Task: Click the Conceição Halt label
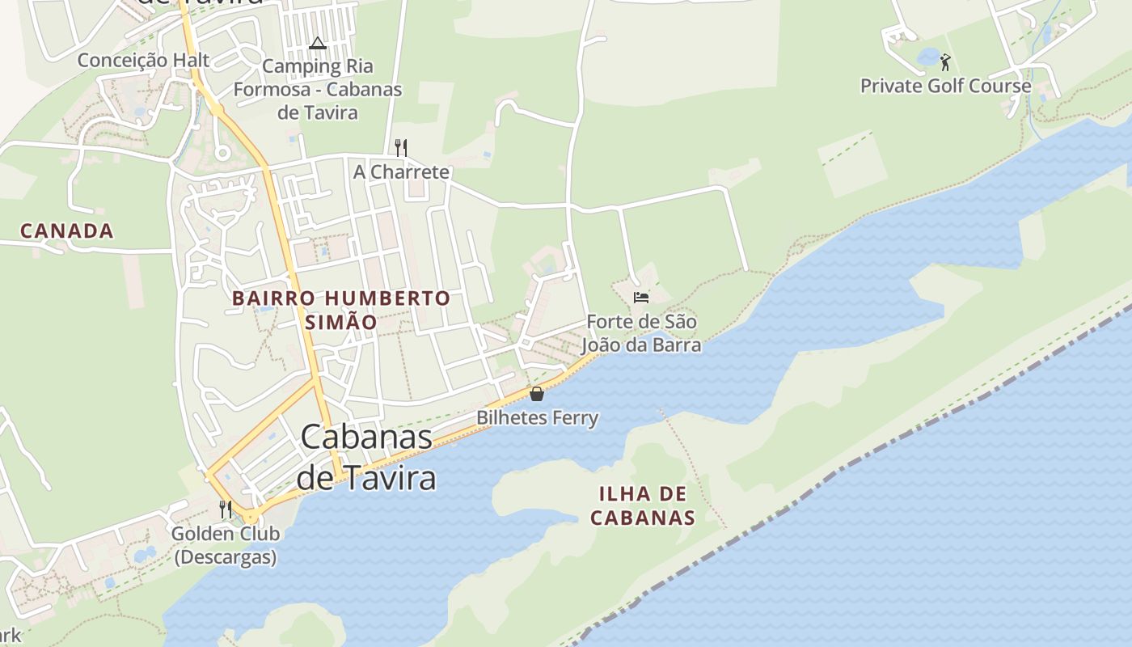click(144, 61)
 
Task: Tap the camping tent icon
click(317, 42)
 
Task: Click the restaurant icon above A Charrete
click(400, 147)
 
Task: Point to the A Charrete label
click(401, 171)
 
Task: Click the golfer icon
click(944, 61)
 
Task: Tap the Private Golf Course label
click(945, 86)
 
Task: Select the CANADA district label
click(67, 231)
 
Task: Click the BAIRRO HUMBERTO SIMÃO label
click(341, 310)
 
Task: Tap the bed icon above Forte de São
click(641, 298)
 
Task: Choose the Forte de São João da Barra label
click(641, 333)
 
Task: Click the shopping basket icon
click(536, 394)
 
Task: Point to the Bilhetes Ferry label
click(537, 418)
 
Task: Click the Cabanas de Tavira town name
click(366, 457)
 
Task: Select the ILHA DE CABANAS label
click(643, 505)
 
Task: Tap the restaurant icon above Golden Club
click(226, 510)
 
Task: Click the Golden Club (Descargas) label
click(226, 545)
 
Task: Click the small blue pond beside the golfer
click(927, 57)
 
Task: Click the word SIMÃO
click(341, 322)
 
